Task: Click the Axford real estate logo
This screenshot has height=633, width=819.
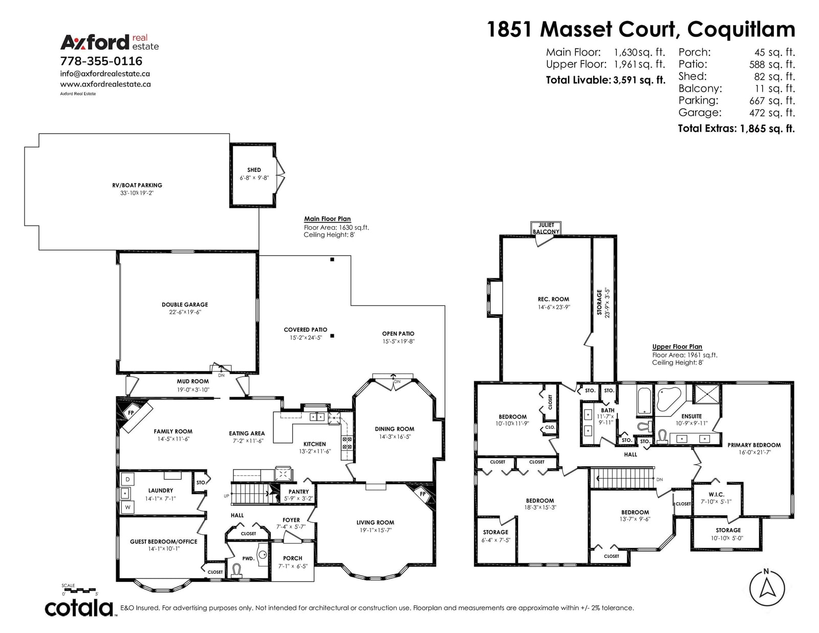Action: click(110, 42)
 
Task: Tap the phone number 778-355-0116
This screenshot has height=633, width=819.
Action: click(101, 61)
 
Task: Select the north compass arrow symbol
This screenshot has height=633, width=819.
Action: click(767, 587)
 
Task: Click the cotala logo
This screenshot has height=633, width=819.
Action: click(79, 608)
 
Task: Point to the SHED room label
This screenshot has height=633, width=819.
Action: click(254, 170)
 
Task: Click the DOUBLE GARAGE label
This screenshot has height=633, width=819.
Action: click(185, 304)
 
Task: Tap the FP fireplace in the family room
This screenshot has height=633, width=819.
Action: click(131, 412)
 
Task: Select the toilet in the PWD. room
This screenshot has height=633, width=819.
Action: click(236, 570)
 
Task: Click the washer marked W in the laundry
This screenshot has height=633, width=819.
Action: click(128, 507)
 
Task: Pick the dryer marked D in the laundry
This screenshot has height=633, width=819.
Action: click(128, 479)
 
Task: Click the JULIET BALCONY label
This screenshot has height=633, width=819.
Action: click(546, 228)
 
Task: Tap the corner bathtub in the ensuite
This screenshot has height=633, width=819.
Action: click(669, 399)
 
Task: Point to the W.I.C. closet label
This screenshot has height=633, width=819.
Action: click(716, 494)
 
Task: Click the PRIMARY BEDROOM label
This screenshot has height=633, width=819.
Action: click(754, 445)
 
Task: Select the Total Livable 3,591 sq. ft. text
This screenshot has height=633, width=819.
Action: click(606, 80)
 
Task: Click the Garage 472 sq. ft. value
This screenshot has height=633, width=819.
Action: click(772, 113)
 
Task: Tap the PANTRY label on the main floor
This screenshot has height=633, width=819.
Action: click(298, 492)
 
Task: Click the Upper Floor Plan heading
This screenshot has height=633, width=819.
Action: click(677, 346)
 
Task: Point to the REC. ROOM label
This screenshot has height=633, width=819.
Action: click(553, 299)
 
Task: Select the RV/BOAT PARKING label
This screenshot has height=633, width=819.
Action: click(137, 185)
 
